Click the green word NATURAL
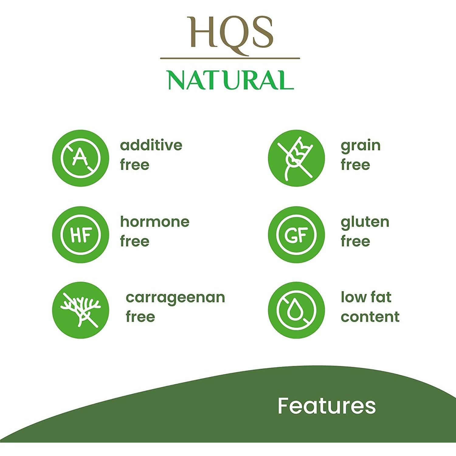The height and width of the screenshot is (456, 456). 231,80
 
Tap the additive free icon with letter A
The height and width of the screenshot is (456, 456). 81,158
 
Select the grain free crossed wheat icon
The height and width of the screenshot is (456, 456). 296,158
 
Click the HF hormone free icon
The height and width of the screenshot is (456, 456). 81,235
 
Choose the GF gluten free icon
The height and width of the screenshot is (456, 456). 296,235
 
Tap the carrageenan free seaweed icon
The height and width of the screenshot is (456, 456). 81,310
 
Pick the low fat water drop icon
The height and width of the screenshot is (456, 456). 296,310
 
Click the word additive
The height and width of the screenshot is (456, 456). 151,145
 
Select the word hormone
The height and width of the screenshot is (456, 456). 155,222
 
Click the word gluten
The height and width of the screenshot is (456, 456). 365,222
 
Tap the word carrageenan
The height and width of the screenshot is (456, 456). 175,298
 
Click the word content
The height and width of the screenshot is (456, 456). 370,317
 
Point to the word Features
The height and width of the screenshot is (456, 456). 327,406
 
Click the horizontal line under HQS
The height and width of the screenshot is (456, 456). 230,58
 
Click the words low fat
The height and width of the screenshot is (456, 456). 366,297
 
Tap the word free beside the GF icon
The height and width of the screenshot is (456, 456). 355,241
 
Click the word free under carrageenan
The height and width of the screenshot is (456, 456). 140,316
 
